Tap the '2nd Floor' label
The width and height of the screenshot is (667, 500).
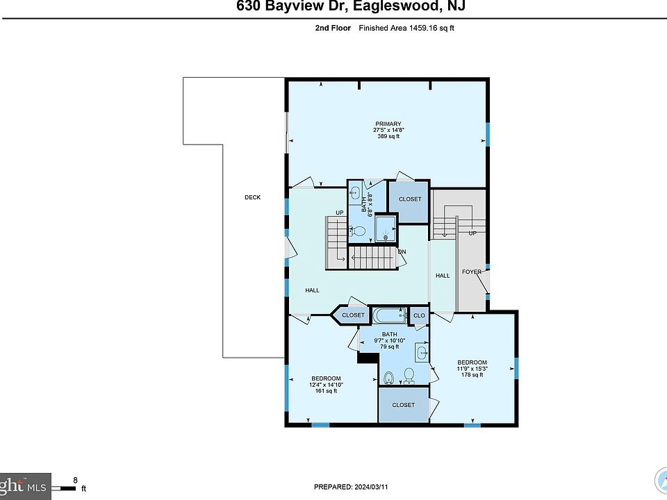pyautogui.click(x=333, y=28)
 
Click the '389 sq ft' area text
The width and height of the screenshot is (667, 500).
pyautogui.click(x=388, y=136)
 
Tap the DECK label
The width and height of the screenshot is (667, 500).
pyautogui.click(x=252, y=197)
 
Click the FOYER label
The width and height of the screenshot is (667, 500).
pyautogui.click(x=472, y=272)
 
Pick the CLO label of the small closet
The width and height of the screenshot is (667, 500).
pyautogui.click(x=419, y=316)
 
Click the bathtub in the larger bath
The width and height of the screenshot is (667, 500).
pyautogui.click(x=389, y=316)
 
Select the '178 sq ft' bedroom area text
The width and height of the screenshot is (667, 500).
pyautogui.click(x=472, y=375)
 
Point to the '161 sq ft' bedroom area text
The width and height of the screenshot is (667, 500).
pyautogui.click(x=326, y=391)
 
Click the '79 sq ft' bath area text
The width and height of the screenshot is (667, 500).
pyautogui.click(x=388, y=347)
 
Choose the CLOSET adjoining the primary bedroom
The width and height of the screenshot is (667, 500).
pyautogui.click(x=410, y=199)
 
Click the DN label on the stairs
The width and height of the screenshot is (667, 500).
pyautogui.click(x=402, y=251)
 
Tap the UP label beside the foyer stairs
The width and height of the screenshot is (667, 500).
pyautogui.click(x=472, y=233)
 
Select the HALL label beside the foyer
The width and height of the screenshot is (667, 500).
pyautogui.click(x=443, y=276)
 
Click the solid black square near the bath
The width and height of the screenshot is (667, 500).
pyautogui.click(x=366, y=357)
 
